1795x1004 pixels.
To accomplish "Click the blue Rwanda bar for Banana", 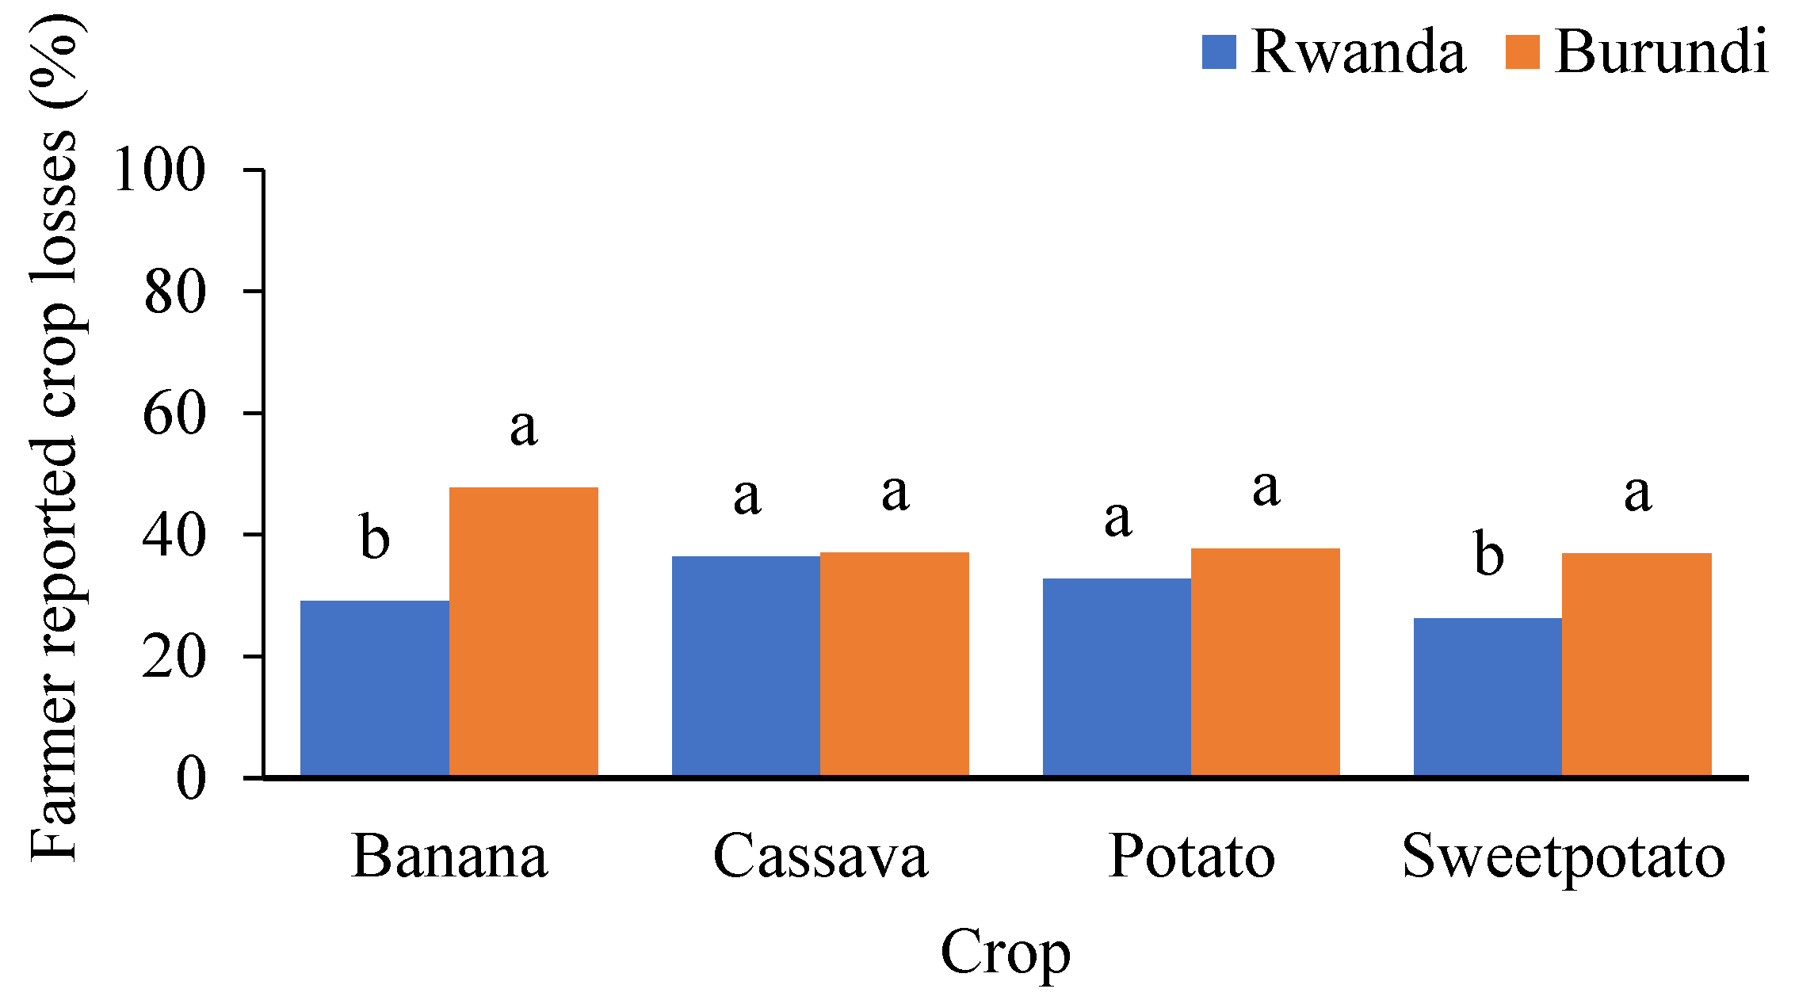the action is tap(375, 688).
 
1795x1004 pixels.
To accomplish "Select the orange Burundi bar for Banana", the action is tap(524, 632).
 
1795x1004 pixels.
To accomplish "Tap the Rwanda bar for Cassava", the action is tap(746, 666).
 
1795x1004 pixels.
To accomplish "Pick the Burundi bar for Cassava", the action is tap(895, 664).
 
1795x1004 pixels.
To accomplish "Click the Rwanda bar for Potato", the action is tap(1117, 677).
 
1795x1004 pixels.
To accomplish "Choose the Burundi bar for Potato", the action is tap(1266, 662).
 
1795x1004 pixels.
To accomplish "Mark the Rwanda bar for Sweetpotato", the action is tap(1488, 697).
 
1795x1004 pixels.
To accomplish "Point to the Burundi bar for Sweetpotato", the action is tap(1637, 664).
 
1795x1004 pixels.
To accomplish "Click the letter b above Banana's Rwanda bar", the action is tap(375, 536).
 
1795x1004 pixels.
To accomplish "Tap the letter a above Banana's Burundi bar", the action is tap(524, 429).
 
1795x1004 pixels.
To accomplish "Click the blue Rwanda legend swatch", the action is tap(1219, 52).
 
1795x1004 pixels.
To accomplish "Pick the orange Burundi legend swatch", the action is tap(1522, 52).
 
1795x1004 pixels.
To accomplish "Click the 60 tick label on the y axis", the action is tap(174, 413).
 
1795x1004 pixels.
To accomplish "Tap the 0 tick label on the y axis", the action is tap(191, 778).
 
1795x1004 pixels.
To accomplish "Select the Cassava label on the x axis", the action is tap(820, 857).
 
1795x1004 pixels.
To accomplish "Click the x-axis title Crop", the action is tap(1005, 954).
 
